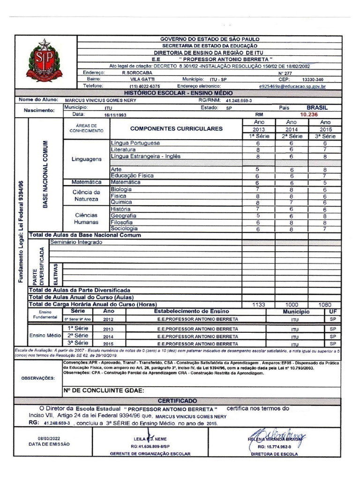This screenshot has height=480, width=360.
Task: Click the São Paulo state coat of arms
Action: [x=44, y=60]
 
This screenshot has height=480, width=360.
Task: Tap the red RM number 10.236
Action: [x=309, y=114]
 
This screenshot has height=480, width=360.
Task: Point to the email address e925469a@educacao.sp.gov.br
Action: [x=292, y=86]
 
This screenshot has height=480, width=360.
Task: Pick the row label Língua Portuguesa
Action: [x=135, y=142]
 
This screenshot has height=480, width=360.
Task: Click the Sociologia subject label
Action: [x=124, y=229]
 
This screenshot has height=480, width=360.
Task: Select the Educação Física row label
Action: [x=132, y=175]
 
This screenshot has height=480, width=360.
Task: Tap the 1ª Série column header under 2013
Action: [x=258, y=136]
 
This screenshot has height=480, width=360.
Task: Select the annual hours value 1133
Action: [x=258, y=304]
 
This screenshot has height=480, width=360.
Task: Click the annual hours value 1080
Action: [x=325, y=304]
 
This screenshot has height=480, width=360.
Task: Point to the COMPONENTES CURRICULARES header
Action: [x=176, y=128]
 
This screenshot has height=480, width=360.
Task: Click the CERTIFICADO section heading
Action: [x=177, y=401]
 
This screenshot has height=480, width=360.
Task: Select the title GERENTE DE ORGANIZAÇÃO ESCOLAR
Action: [x=150, y=454]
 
